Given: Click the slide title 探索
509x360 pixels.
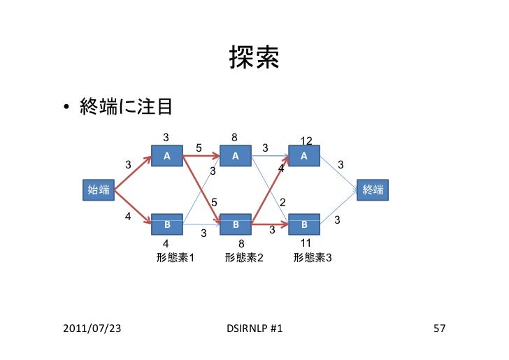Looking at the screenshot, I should point(254,61).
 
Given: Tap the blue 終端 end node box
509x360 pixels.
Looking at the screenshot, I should point(373,189).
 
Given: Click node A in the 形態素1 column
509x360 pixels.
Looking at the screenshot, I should point(167,156).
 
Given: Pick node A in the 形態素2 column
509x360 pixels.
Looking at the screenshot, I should point(236,156).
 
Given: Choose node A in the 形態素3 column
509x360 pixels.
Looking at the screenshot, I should point(303,156).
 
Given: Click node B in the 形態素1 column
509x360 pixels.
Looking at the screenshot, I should point(167,225).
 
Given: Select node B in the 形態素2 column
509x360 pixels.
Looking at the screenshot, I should point(236,225).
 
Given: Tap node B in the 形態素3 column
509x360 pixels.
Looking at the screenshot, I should point(303,225).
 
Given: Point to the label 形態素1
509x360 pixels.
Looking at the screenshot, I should point(175,258).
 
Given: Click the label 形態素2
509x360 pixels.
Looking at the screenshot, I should point(244,258).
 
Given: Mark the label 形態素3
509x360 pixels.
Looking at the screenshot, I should point(313,258).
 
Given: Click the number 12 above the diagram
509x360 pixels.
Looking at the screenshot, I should point(306,141).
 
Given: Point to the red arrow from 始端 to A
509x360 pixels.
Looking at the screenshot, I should point(133,173).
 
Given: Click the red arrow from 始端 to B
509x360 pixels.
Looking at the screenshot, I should point(133,207).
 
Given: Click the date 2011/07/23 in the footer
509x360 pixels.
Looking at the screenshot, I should point(91,328).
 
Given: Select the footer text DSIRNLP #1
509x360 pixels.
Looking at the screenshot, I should point(254,328).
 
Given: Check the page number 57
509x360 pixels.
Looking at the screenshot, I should point(440,328).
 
